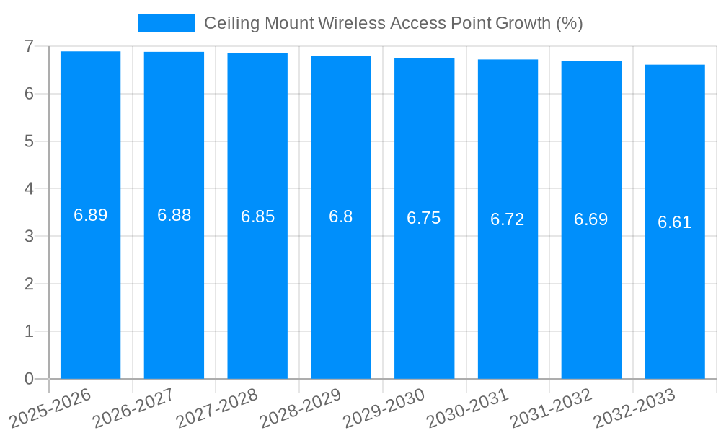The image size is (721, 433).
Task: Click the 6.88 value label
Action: (x=174, y=215)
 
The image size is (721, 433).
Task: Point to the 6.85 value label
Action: (x=257, y=216)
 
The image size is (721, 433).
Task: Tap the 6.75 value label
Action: (x=424, y=219)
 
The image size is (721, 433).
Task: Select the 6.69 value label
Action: (x=591, y=219)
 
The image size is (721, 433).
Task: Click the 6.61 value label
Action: (x=675, y=222)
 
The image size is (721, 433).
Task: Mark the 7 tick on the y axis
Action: (x=29, y=46)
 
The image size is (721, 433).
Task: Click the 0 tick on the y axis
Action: (x=29, y=379)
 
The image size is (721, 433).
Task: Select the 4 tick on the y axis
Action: (x=29, y=189)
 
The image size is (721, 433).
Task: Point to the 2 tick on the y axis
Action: (x=29, y=284)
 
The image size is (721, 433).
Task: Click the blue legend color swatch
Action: (x=167, y=23)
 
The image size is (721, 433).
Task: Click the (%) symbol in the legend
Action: (x=570, y=23)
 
